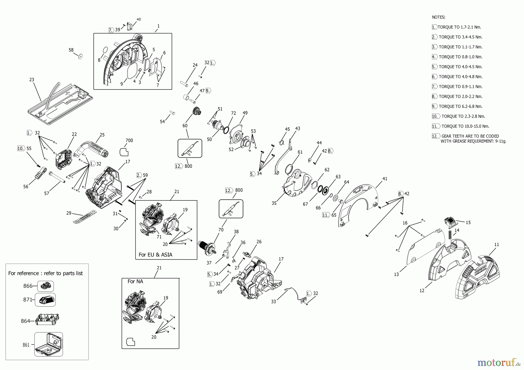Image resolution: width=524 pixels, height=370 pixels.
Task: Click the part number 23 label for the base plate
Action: [32, 79]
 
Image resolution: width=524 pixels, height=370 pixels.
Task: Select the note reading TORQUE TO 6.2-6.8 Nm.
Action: [460, 106]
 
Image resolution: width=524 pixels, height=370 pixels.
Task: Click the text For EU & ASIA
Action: [155, 255]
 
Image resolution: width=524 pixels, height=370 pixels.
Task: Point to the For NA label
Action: [135, 281]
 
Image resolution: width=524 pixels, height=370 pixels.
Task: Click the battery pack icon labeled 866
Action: [45, 286]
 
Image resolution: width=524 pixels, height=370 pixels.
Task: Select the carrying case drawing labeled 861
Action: [48, 344]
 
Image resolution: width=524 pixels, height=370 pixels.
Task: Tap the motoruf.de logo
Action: [498, 362]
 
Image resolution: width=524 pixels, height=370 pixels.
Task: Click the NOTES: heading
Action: [438, 17]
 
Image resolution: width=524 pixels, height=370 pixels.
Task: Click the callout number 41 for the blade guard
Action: [385, 179]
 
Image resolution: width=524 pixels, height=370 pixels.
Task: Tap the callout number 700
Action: [129, 140]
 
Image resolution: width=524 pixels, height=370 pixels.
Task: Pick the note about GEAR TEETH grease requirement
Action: [473, 138]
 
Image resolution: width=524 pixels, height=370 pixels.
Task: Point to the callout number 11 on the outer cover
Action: [497, 245]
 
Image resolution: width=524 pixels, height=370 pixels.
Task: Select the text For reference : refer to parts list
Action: [45, 273]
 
